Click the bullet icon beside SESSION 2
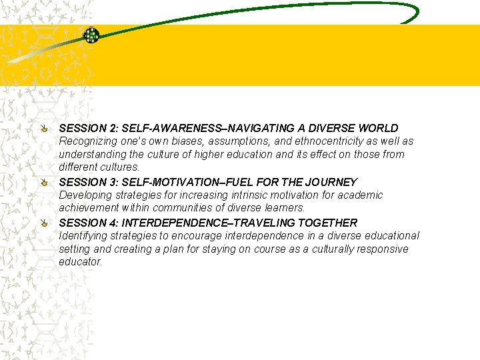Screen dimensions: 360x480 click(44, 127)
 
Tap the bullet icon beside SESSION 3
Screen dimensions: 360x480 click(44, 181)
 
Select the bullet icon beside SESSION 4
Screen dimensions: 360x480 click(44, 222)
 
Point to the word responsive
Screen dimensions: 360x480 click(383, 249)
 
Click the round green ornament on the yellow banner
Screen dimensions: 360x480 click(91, 35)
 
